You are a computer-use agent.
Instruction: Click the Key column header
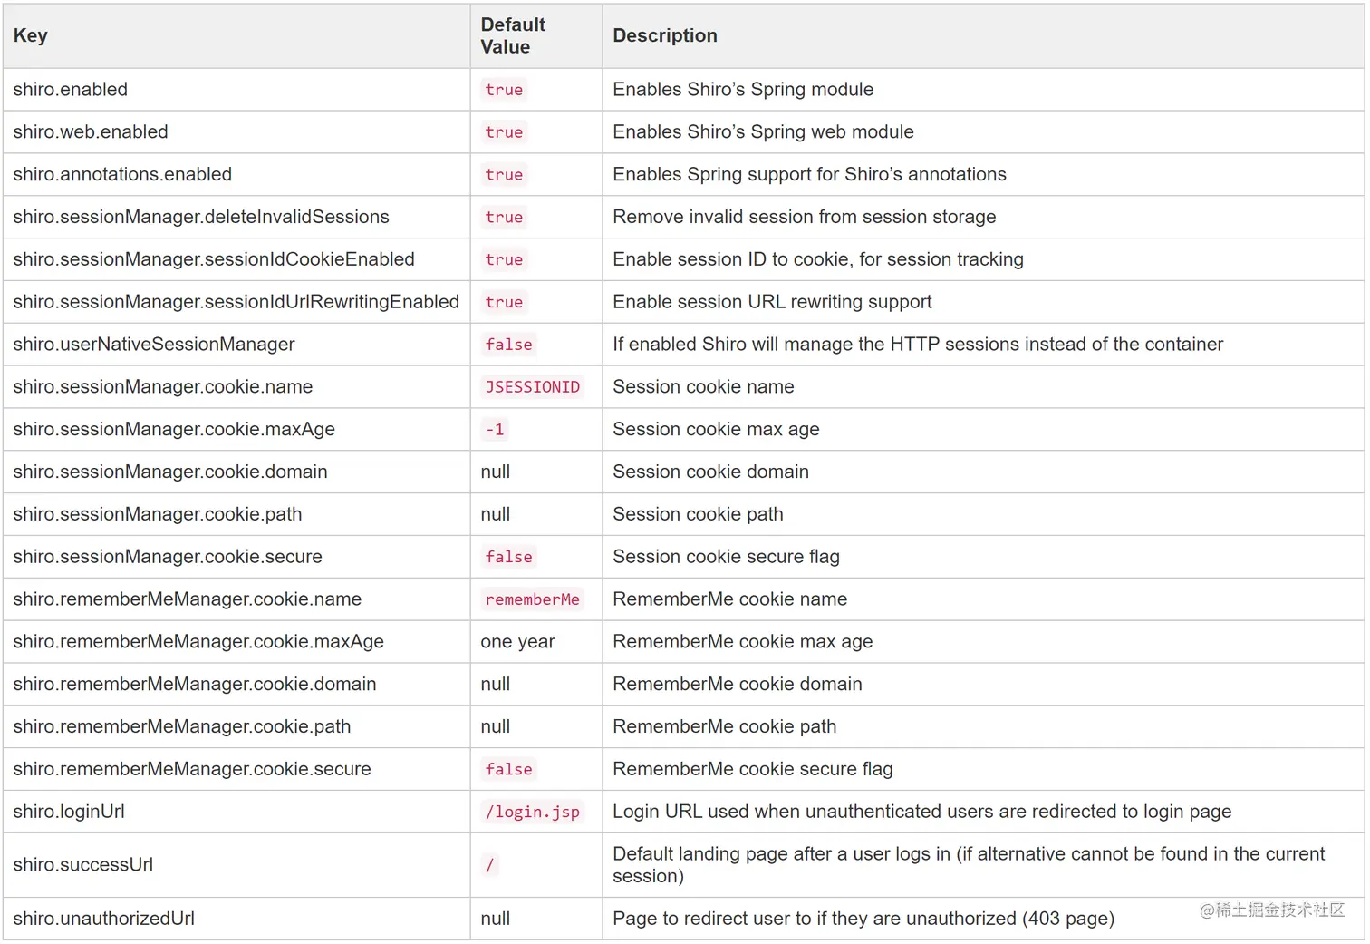point(31,35)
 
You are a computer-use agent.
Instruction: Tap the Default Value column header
point(513,36)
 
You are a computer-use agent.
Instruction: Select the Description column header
point(664,35)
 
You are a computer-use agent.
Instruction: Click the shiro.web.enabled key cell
point(91,132)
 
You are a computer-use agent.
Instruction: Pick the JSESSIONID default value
point(532,387)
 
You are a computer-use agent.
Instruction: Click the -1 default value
point(495,430)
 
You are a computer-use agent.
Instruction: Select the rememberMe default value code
point(532,599)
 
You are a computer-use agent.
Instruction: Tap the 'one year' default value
point(517,642)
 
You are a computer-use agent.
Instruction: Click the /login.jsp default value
point(532,812)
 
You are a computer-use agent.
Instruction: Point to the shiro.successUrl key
point(83,865)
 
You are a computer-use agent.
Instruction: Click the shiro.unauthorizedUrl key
point(103,919)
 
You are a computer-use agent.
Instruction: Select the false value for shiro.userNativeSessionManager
point(508,345)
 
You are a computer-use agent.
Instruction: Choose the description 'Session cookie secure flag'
point(726,557)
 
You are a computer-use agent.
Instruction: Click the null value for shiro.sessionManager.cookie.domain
point(496,472)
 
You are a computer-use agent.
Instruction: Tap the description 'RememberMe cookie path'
point(724,726)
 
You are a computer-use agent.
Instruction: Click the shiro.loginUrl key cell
point(69,812)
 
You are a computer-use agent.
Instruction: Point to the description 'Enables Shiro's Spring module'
point(743,90)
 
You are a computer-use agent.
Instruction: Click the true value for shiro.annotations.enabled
point(504,175)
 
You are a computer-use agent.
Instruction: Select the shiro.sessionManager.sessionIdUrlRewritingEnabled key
point(236,302)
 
